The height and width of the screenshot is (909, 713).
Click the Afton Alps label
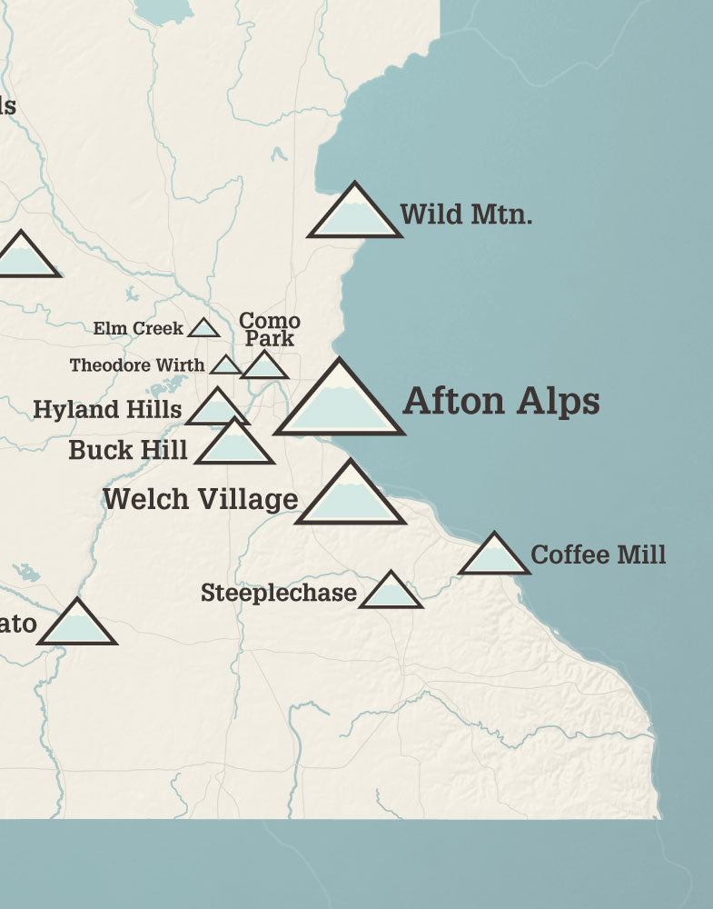(x=500, y=401)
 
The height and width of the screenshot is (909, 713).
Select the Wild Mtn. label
(x=466, y=215)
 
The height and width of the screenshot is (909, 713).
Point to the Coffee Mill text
(x=598, y=554)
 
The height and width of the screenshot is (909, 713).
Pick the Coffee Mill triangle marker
(x=494, y=557)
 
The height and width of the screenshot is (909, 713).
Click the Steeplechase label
(x=278, y=594)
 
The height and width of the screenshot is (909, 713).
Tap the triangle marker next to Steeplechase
(x=391, y=593)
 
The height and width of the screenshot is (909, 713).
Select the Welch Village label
(x=200, y=498)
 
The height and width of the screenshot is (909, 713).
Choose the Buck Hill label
(x=128, y=449)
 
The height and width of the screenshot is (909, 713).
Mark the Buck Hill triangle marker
(x=234, y=445)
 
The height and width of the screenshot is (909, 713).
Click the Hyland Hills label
(x=107, y=409)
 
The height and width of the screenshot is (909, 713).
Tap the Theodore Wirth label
(x=137, y=365)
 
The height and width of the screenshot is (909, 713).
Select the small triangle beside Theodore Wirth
(x=225, y=365)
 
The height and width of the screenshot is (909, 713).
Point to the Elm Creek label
(x=138, y=328)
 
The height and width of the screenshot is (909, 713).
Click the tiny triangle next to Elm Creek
(x=203, y=328)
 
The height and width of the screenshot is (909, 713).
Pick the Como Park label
(x=269, y=329)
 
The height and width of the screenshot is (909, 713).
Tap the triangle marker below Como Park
(x=264, y=367)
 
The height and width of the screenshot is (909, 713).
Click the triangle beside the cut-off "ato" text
(x=77, y=625)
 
